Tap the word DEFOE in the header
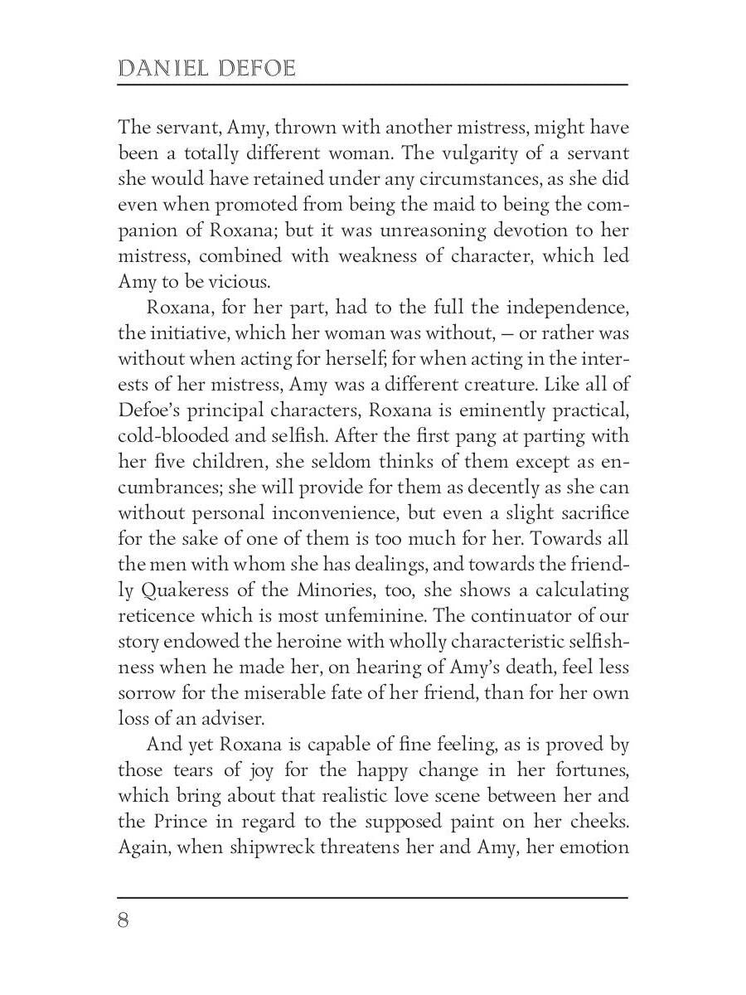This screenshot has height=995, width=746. (254, 68)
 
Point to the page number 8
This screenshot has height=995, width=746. (124, 921)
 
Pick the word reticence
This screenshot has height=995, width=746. (154, 616)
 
